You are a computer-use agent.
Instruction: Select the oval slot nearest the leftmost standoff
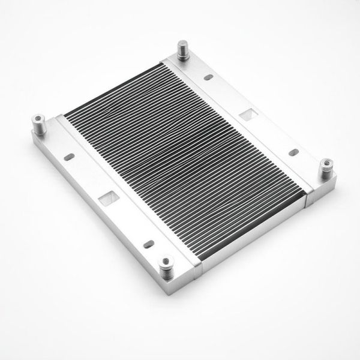pos(69,158)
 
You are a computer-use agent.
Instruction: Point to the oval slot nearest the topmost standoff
pos(208,78)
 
